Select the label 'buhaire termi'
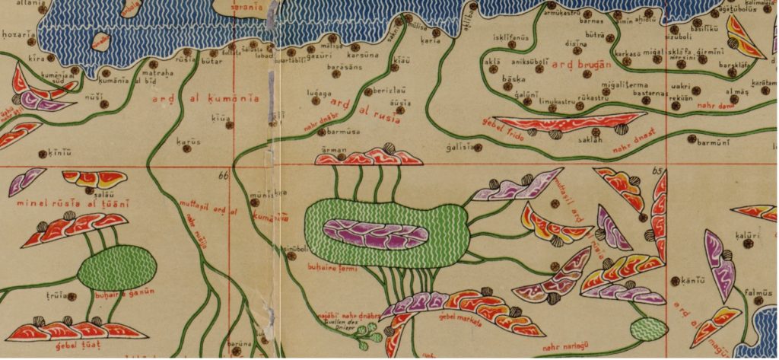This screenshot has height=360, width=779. [339, 269]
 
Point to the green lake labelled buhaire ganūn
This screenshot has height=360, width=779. [118, 267]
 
